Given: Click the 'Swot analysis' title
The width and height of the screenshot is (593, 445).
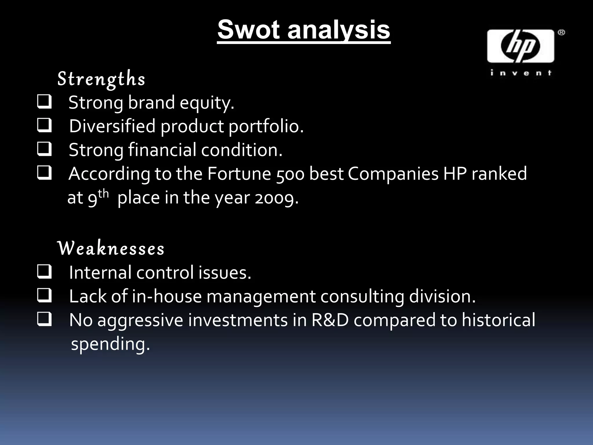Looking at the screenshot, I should click(304, 30).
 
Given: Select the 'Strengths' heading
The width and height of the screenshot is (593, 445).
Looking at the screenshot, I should click(101, 79).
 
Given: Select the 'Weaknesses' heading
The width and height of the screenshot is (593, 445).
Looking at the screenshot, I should click(111, 249).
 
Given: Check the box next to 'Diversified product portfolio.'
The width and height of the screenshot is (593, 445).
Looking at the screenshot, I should click(44, 125).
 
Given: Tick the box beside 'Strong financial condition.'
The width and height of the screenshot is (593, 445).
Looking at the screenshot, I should click(44, 149).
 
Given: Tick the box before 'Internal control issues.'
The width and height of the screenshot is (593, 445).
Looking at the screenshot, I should click(44, 272).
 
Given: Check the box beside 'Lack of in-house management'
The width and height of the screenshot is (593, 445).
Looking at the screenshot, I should click(44, 296).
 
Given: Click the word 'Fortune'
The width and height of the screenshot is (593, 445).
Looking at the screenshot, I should click(239, 174).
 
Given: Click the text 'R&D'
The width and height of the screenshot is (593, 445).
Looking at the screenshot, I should click(330, 320).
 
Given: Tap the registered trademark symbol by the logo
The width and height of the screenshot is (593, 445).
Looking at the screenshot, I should click(561, 32).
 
